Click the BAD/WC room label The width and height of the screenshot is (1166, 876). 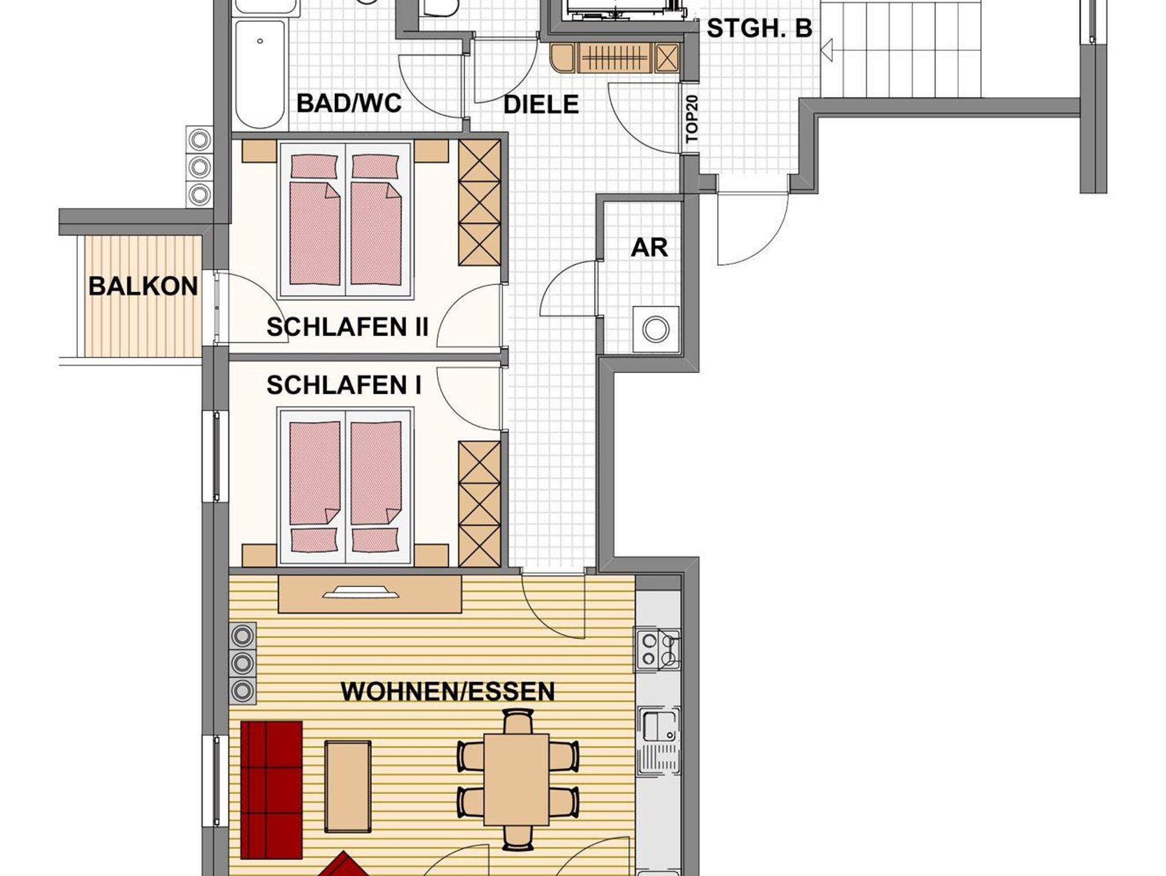349,104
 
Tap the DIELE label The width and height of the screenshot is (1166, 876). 541,105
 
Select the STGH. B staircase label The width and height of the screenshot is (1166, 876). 759,28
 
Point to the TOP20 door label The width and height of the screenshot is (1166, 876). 692,119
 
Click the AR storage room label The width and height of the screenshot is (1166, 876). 649,248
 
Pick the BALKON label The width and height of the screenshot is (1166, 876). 143,286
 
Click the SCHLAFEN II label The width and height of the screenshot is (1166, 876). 347,328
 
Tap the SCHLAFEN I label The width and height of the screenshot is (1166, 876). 344,386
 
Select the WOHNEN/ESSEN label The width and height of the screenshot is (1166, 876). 447,691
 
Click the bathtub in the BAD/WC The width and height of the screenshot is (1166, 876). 260,75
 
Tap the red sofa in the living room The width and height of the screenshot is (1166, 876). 271,797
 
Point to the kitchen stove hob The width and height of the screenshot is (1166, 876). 658,649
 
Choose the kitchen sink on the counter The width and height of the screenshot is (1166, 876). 659,741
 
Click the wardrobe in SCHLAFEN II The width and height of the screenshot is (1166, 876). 479,202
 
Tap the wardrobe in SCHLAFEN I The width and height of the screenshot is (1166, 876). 479,504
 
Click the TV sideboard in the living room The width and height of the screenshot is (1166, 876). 370,594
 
